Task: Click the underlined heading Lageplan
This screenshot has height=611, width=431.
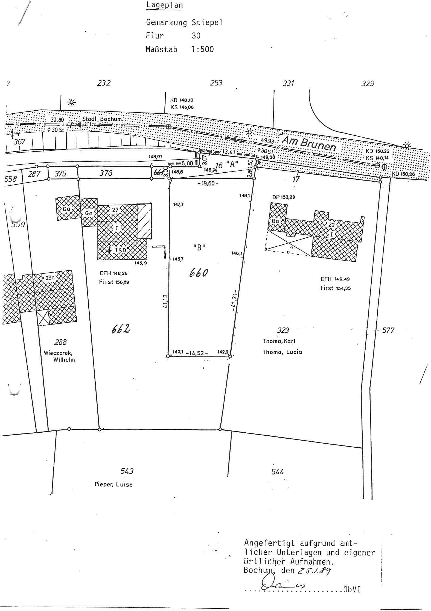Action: tap(164, 5)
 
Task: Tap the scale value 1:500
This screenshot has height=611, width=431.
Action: tap(203, 49)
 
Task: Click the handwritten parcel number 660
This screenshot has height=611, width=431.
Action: tap(199, 273)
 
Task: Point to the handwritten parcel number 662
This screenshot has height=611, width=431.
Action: tap(120, 329)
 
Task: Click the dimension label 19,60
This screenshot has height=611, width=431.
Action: tap(208, 184)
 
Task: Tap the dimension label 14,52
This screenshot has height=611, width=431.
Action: tap(197, 353)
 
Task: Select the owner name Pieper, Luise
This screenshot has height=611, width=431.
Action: tap(113, 484)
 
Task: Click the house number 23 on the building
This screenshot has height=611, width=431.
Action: tap(331, 225)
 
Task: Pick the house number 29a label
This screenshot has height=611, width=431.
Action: tap(50, 278)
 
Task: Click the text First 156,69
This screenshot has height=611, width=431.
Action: tap(114, 282)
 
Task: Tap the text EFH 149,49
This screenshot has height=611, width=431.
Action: tap(335, 279)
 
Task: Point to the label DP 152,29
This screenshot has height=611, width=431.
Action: tap(284, 197)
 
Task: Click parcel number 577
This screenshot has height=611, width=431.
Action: tap(388, 330)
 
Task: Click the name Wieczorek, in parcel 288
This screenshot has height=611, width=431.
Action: tap(58, 353)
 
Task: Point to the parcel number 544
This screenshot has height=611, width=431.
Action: tap(277, 471)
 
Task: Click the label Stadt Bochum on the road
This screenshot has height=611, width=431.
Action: tap(102, 119)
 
